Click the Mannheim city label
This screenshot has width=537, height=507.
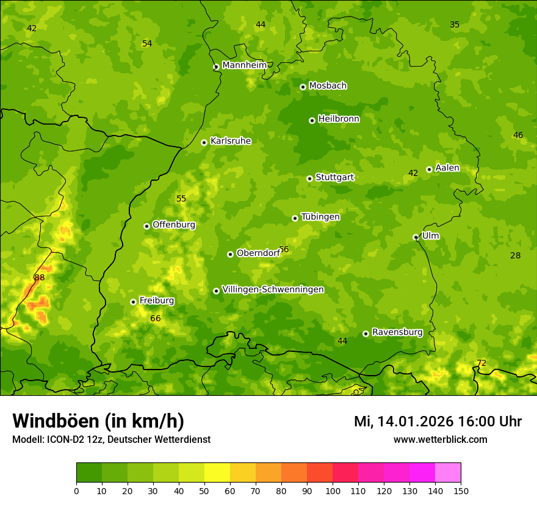pos(244,65)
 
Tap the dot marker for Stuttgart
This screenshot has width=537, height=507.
pos(309,178)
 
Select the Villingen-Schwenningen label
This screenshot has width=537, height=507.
pos(273,290)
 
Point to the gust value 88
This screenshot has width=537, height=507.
pos(40,277)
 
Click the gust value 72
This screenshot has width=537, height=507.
pos(481,363)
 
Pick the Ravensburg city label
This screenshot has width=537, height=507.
pos(397,332)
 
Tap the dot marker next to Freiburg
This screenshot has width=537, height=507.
pos(133,302)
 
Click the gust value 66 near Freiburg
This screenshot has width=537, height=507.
pos(156,318)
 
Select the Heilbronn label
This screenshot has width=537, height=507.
pos(339,119)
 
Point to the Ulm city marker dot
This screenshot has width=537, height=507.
pos(416,237)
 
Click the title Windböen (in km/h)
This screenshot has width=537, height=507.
pos(98,421)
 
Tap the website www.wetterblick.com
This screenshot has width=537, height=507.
pos(440,439)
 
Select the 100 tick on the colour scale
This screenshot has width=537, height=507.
pos(333,490)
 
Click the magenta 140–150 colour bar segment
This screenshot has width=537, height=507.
pos(448,472)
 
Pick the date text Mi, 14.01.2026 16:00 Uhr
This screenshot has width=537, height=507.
pos(438,421)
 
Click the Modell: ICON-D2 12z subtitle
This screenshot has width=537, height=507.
pos(111,439)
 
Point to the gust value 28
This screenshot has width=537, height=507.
pos(516,255)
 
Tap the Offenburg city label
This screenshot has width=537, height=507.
pos(174,225)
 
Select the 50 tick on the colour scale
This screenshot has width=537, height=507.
pos(204,490)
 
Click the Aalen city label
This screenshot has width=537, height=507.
pos(447,168)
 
